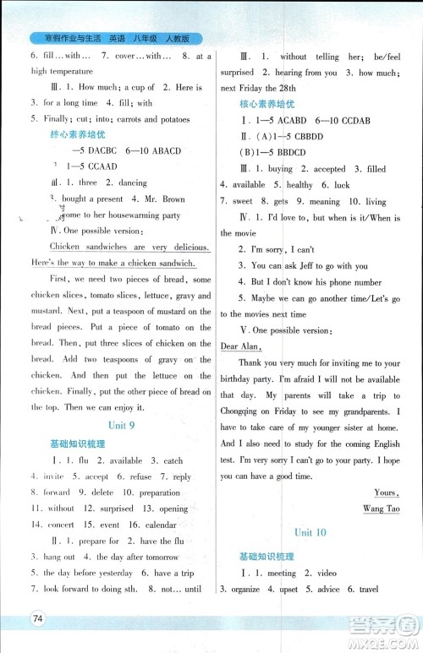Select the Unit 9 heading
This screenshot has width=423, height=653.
119,426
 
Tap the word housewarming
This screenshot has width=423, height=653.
124,215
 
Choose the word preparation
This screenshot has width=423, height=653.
158,492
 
